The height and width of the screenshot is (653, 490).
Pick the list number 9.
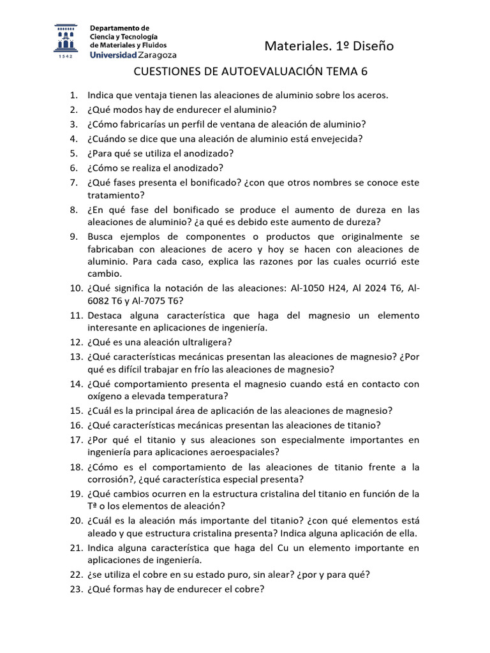click(x=73, y=236)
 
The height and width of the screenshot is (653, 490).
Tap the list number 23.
click(x=76, y=590)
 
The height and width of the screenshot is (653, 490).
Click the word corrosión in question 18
click(x=109, y=479)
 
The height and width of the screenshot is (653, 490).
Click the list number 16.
click(x=76, y=425)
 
